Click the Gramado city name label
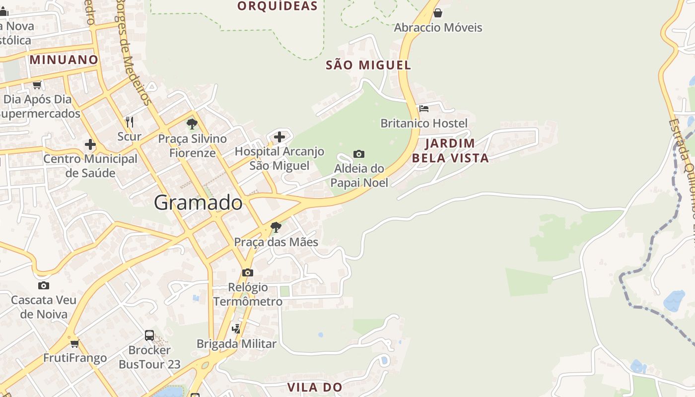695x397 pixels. [x=198, y=202]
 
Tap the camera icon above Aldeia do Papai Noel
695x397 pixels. [x=359, y=154]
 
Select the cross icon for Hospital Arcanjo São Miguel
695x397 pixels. [x=279, y=137]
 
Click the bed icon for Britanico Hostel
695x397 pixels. [x=423, y=108]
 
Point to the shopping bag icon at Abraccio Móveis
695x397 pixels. [x=438, y=13]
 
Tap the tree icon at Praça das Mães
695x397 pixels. [x=276, y=227]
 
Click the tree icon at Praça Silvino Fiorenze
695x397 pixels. [x=192, y=124]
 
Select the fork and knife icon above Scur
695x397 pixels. [x=130, y=122]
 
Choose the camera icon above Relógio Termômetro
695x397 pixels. [x=248, y=272]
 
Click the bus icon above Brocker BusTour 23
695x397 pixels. [x=149, y=335]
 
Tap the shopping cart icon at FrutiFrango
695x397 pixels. [x=74, y=343]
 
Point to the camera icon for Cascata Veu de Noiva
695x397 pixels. [x=44, y=285]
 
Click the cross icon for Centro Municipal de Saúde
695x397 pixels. [x=90, y=144]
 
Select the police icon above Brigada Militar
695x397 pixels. [x=236, y=329]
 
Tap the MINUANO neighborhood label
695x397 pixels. [x=64, y=60]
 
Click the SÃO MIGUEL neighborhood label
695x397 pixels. [x=368, y=65]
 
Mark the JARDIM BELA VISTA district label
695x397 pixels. [x=450, y=151]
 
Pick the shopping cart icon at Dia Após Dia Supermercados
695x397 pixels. [x=37, y=85]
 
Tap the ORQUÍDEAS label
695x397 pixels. [x=277, y=6]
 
